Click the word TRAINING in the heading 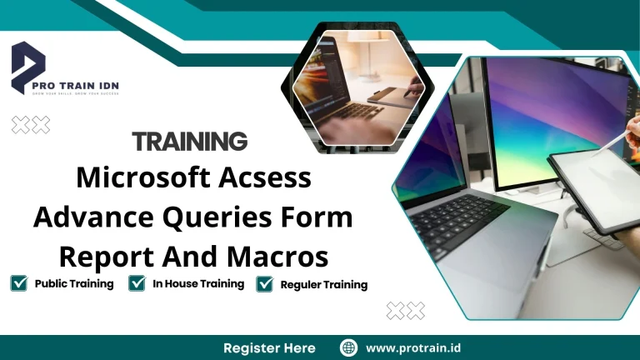[x=189, y=141]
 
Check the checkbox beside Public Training [x=18, y=283]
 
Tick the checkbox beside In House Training [x=137, y=283]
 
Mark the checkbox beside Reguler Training [x=265, y=284]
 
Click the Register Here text [x=269, y=347]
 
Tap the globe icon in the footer [x=349, y=347]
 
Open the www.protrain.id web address [x=413, y=347]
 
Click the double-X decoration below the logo [x=30, y=125]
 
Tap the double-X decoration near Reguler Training [x=406, y=311]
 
